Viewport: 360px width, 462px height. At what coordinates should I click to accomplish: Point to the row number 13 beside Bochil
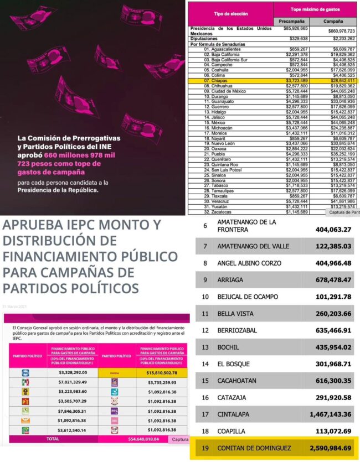205,347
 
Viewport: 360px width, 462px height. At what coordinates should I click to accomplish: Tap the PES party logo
114,411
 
